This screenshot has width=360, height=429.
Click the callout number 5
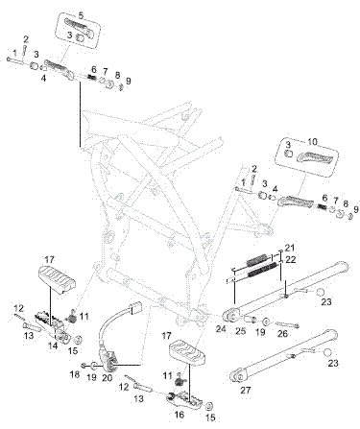(x=81, y=15)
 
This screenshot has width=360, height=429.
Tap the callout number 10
(x=312, y=142)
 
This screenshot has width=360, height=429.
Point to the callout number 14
(x=53, y=346)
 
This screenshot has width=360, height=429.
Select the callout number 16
(x=180, y=415)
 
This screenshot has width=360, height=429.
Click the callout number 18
(x=75, y=374)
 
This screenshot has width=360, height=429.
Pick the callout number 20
(x=108, y=378)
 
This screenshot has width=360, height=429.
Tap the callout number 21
(x=289, y=248)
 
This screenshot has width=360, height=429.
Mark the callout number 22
(x=291, y=259)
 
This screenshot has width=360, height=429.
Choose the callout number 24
(x=221, y=328)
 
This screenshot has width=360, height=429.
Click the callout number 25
(x=241, y=330)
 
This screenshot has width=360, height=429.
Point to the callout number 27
(x=246, y=390)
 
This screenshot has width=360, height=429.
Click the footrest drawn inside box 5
(x=80, y=25)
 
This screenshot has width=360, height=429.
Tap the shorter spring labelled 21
(x=256, y=259)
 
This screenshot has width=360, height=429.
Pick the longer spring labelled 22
(x=262, y=270)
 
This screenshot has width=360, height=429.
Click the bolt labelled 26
(x=288, y=324)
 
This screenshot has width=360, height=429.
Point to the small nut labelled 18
(x=84, y=366)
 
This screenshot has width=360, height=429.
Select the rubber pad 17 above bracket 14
(x=57, y=279)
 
